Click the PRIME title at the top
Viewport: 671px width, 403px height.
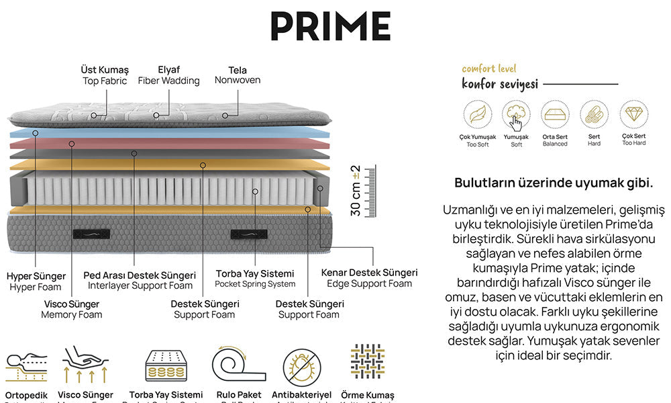330,26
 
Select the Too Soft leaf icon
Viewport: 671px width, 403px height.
477,115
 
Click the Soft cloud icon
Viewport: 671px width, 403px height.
516,115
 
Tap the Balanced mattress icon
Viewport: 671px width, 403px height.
555,115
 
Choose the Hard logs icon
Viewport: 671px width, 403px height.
594,115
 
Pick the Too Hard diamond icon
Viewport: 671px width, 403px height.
633,115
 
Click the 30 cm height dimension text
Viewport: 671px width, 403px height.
356,191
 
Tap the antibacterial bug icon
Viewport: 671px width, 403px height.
299,365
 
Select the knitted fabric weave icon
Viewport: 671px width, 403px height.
367,361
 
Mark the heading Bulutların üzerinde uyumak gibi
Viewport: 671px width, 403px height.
554,183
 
